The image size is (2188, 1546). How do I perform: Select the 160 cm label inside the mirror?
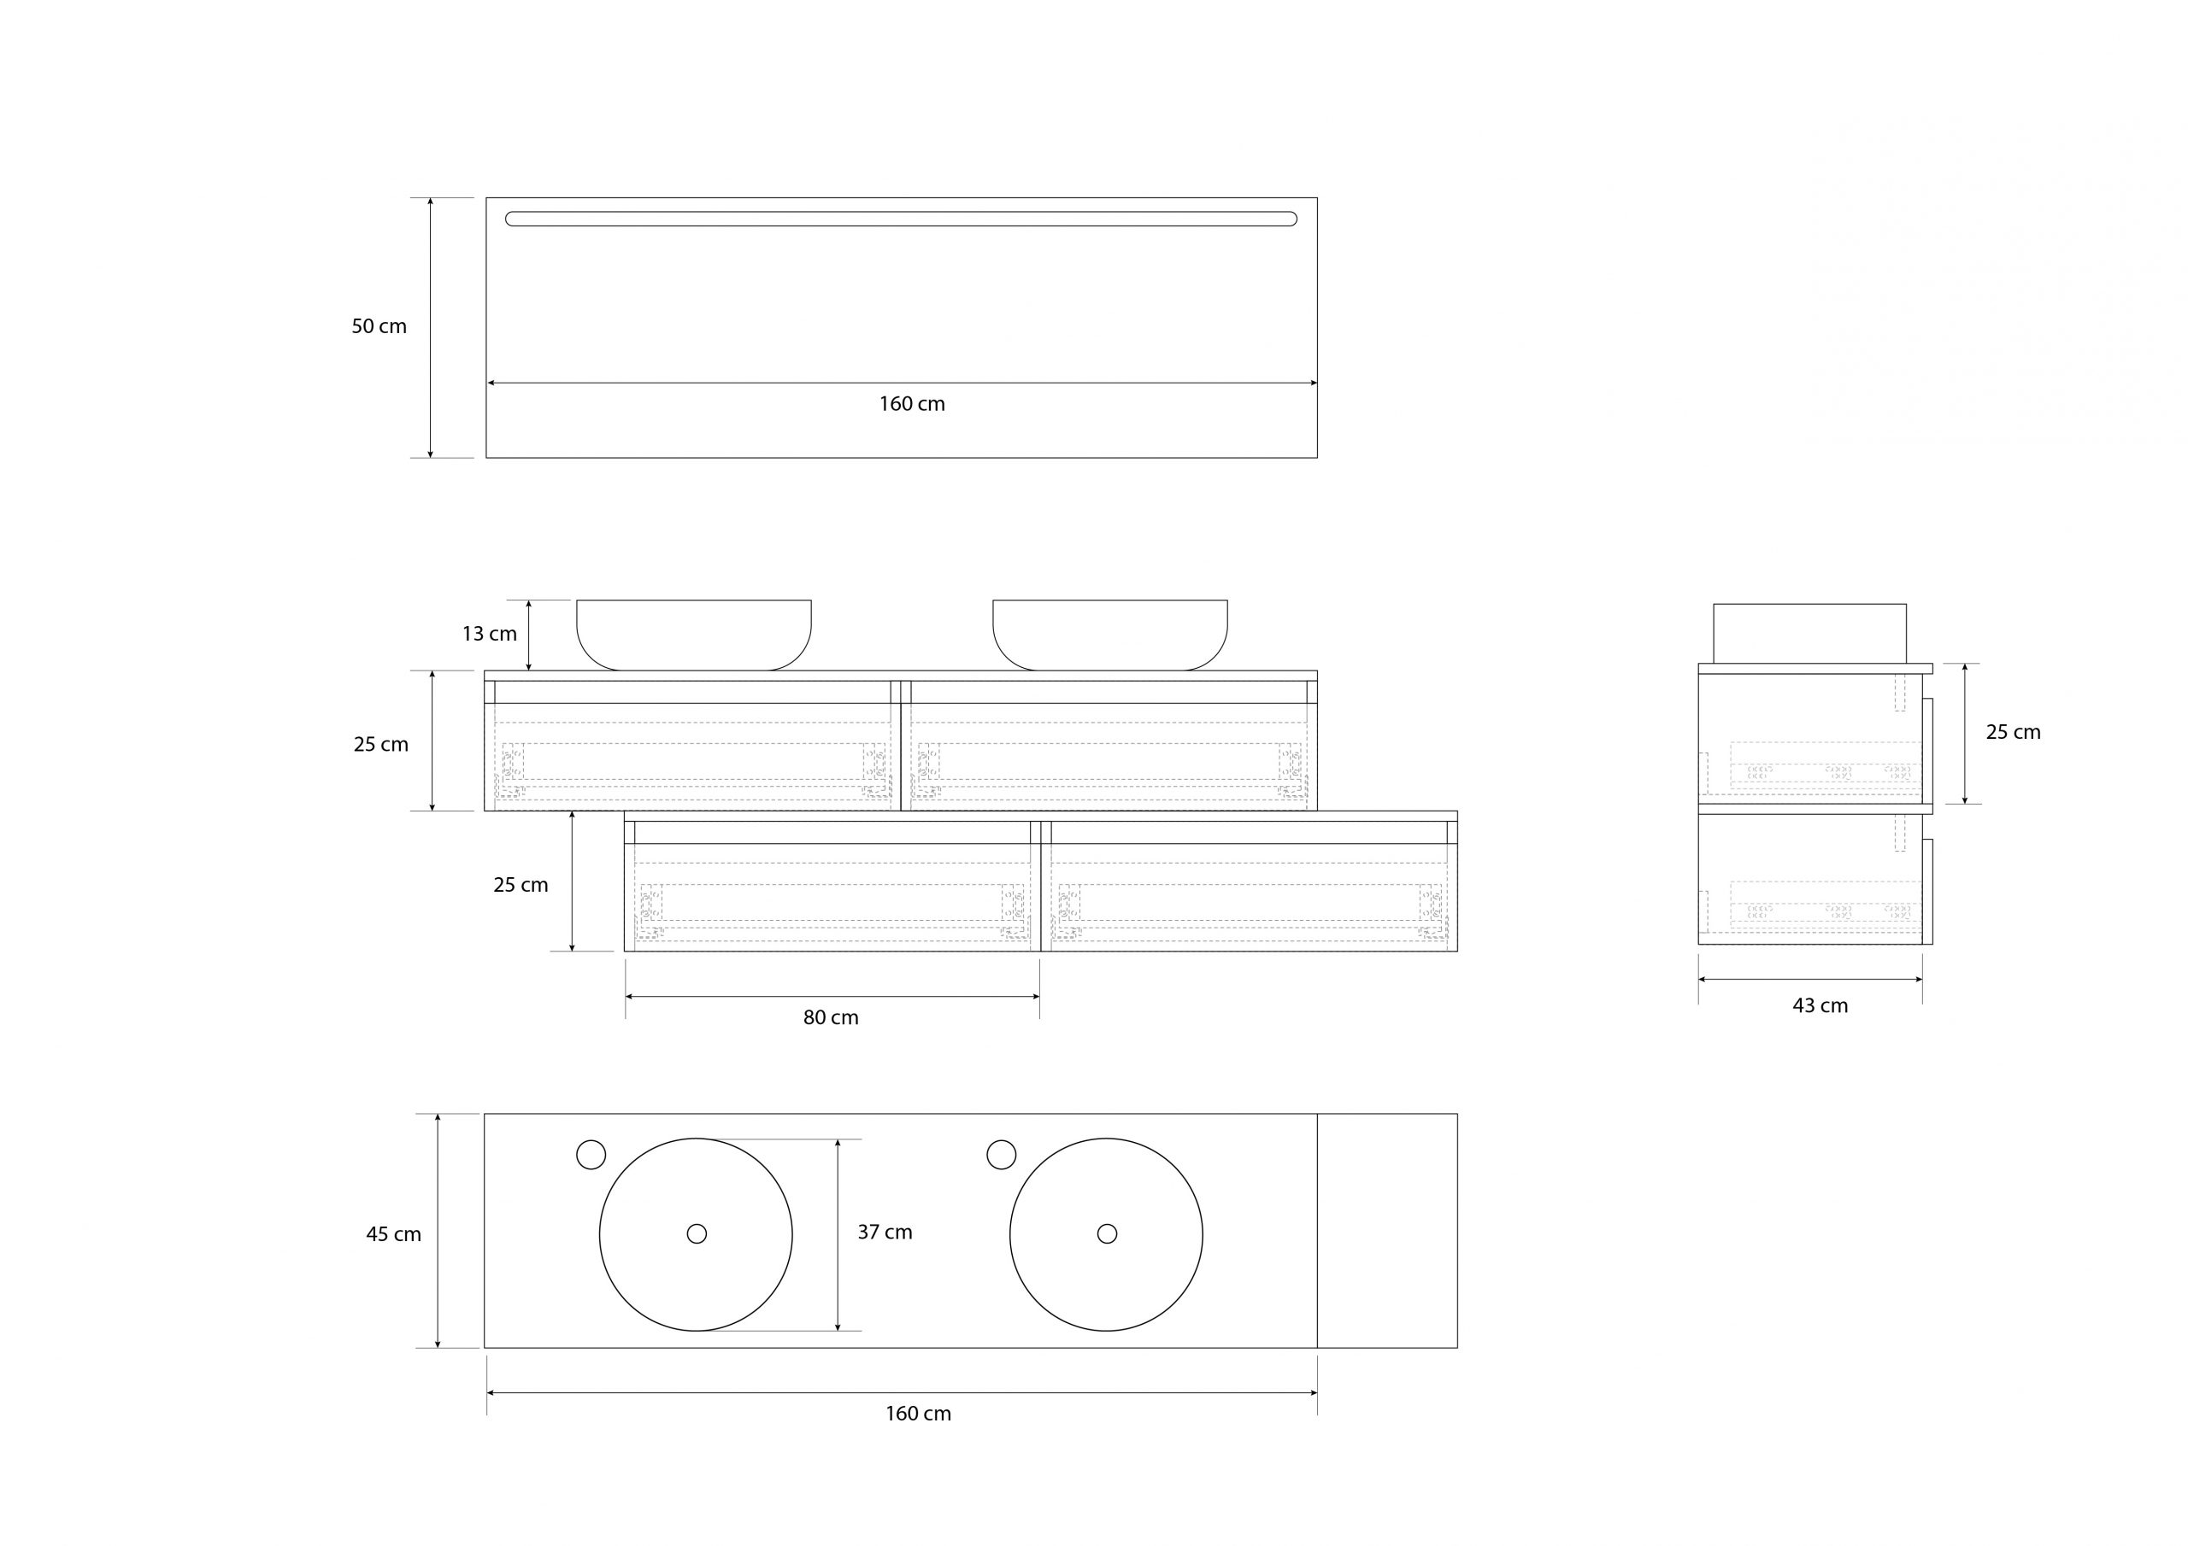[911, 404]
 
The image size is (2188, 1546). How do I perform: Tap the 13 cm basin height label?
[489, 634]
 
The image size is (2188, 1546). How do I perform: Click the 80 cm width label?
[830, 1017]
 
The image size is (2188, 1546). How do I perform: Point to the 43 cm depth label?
[1820, 1006]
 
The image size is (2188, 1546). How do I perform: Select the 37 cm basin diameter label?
[885, 1232]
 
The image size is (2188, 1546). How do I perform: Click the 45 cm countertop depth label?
[392, 1234]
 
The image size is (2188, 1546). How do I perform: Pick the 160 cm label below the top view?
[918, 1414]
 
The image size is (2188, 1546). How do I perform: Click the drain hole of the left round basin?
[697, 1233]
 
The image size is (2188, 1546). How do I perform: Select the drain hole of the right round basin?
[1106, 1233]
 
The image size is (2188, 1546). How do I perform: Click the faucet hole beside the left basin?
[591, 1155]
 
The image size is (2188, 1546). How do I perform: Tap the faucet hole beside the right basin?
[1001, 1155]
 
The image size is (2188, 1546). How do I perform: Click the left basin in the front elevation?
[694, 634]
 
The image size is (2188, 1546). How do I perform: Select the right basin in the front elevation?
[1110, 634]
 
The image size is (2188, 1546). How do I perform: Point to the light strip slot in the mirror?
[901, 220]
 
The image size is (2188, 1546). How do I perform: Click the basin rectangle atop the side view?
[1809, 633]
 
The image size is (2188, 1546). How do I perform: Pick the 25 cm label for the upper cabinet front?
[380, 745]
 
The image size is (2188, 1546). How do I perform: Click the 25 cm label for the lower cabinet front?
[521, 885]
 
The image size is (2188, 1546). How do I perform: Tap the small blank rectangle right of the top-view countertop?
[1387, 1231]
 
